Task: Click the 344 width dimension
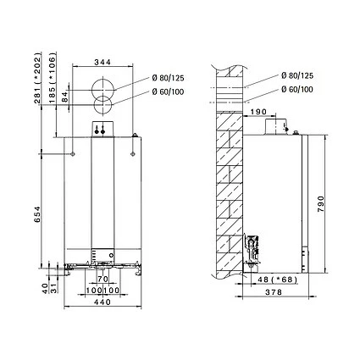coord(103,63)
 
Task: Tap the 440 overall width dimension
coord(103,302)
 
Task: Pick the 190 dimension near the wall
coord(258,110)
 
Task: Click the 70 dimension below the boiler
coord(102,279)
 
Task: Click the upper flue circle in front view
coord(103,88)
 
